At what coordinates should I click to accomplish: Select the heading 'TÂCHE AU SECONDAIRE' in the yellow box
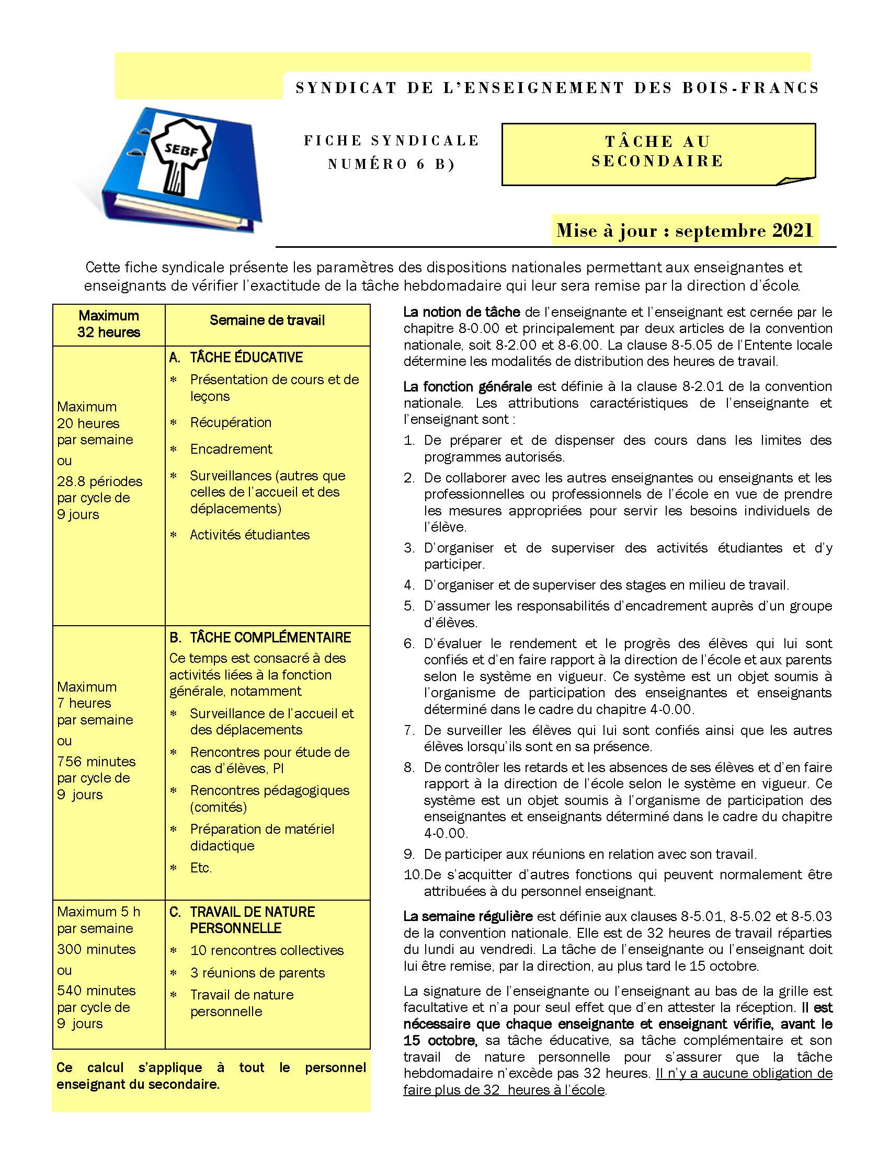pyautogui.click(x=658, y=151)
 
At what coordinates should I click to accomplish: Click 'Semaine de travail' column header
pyautogui.click(x=267, y=320)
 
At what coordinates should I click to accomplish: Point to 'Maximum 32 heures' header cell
pyautogui.click(x=108, y=324)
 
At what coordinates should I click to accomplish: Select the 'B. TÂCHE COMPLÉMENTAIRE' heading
pyautogui.click(x=260, y=637)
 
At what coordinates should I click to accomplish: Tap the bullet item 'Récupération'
pyautogui.click(x=231, y=422)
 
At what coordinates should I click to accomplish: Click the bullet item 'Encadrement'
pyautogui.click(x=231, y=449)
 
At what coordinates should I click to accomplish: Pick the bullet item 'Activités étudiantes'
pyautogui.click(x=249, y=535)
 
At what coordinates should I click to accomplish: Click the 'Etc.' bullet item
pyautogui.click(x=201, y=868)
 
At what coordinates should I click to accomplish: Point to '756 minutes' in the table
pyautogui.click(x=96, y=762)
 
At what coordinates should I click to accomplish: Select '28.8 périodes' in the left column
pyautogui.click(x=99, y=481)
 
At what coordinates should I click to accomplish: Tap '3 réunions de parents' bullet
pyautogui.click(x=257, y=973)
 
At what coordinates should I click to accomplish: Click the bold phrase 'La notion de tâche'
pyautogui.click(x=461, y=312)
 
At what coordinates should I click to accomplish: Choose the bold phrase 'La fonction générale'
pyautogui.click(x=467, y=386)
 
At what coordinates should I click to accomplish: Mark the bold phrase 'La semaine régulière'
pyautogui.click(x=468, y=916)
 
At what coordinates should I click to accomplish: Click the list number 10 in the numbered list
pyautogui.click(x=413, y=875)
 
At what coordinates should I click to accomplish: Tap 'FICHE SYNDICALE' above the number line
pyautogui.click(x=391, y=141)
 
